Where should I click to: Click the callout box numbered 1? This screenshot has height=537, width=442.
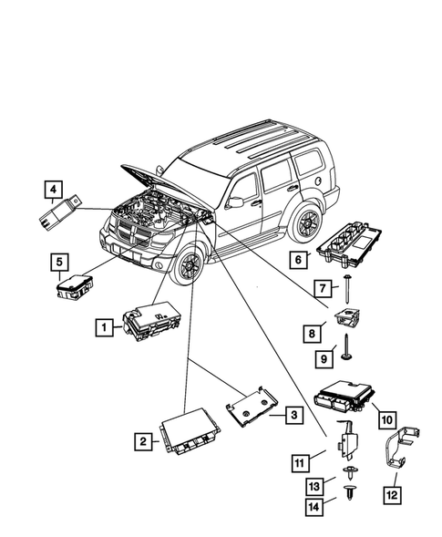(x=106, y=325)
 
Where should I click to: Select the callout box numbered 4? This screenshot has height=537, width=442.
(x=57, y=191)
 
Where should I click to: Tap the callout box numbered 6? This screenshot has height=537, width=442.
(x=297, y=259)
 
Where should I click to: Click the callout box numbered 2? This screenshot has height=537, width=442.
(x=143, y=441)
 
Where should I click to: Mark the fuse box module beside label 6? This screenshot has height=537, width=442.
(x=355, y=248)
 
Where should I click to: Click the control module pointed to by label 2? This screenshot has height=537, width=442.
(x=191, y=434)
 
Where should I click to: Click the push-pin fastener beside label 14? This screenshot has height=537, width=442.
(x=351, y=496)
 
